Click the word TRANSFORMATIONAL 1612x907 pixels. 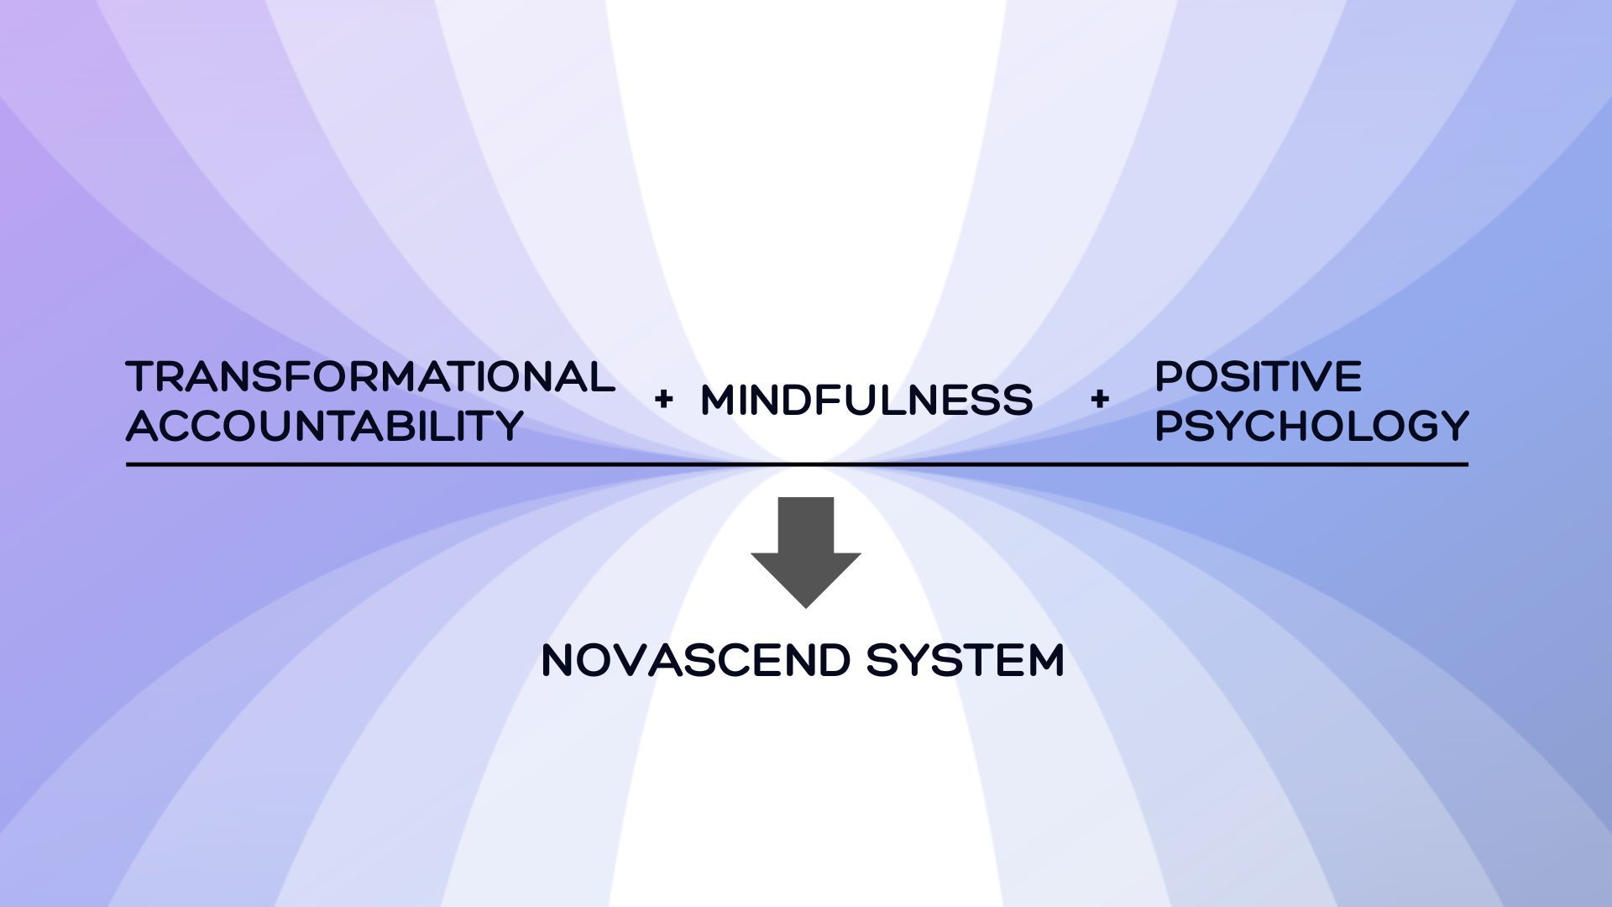point(370,377)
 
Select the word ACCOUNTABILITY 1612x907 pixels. point(325,426)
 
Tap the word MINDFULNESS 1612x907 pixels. point(866,400)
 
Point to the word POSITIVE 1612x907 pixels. point(1258,376)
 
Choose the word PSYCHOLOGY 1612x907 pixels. point(1311,426)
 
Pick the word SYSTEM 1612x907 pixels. point(966,660)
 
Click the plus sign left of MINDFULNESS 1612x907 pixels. point(663,400)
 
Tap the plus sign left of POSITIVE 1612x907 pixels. point(1099,400)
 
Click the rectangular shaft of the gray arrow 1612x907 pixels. point(806,525)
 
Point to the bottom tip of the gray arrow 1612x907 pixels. point(806,606)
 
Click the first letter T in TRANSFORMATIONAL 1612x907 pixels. point(139,377)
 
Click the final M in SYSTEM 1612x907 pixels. point(1044,660)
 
